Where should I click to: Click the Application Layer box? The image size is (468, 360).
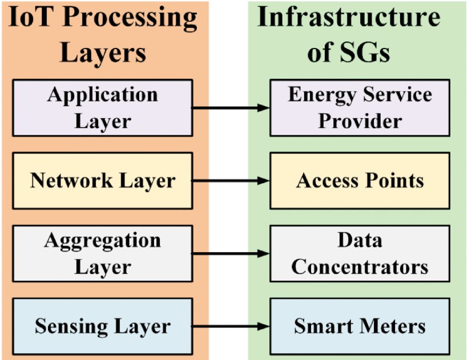(102, 108)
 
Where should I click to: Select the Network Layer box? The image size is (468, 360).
(102, 181)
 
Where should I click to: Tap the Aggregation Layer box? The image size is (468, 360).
(102, 253)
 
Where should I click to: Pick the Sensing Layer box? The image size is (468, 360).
(102, 326)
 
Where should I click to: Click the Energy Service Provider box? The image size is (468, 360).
(360, 108)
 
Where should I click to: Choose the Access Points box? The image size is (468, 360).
(360, 181)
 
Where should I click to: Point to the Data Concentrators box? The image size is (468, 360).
(360, 253)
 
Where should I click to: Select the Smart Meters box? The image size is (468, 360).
(360, 326)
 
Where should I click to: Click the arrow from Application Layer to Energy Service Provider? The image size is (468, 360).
(231, 108)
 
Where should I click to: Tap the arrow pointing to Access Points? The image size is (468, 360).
(231, 180)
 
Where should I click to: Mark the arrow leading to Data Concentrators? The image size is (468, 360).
(231, 253)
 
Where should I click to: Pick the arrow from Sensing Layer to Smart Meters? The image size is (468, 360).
(231, 326)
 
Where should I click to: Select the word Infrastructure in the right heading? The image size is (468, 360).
(349, 17)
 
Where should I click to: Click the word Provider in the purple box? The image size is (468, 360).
(360, 121)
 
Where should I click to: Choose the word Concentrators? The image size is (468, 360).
(360, 266)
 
